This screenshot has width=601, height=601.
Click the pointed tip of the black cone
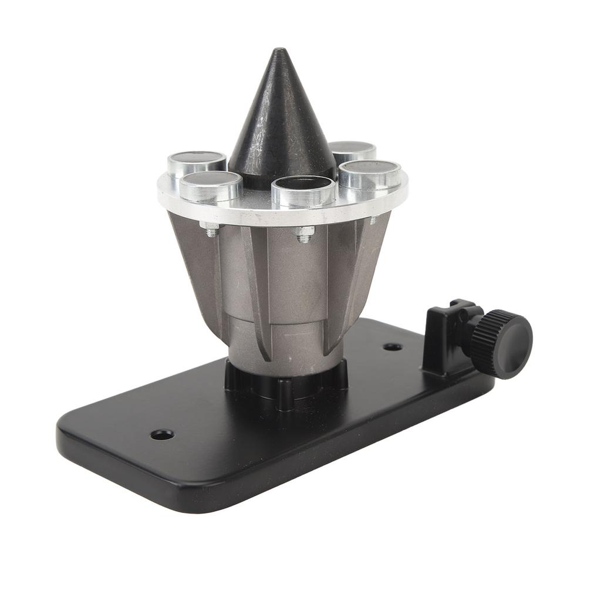[x=281, y=52]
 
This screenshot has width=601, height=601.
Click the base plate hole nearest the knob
[x=393, y=347]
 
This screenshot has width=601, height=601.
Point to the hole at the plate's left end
[x=162, y=435]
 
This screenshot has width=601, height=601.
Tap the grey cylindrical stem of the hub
[x=286, y=346]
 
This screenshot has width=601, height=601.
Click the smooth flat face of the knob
[x=513, y=344]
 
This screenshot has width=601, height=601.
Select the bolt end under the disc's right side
[x=373, y=220]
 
